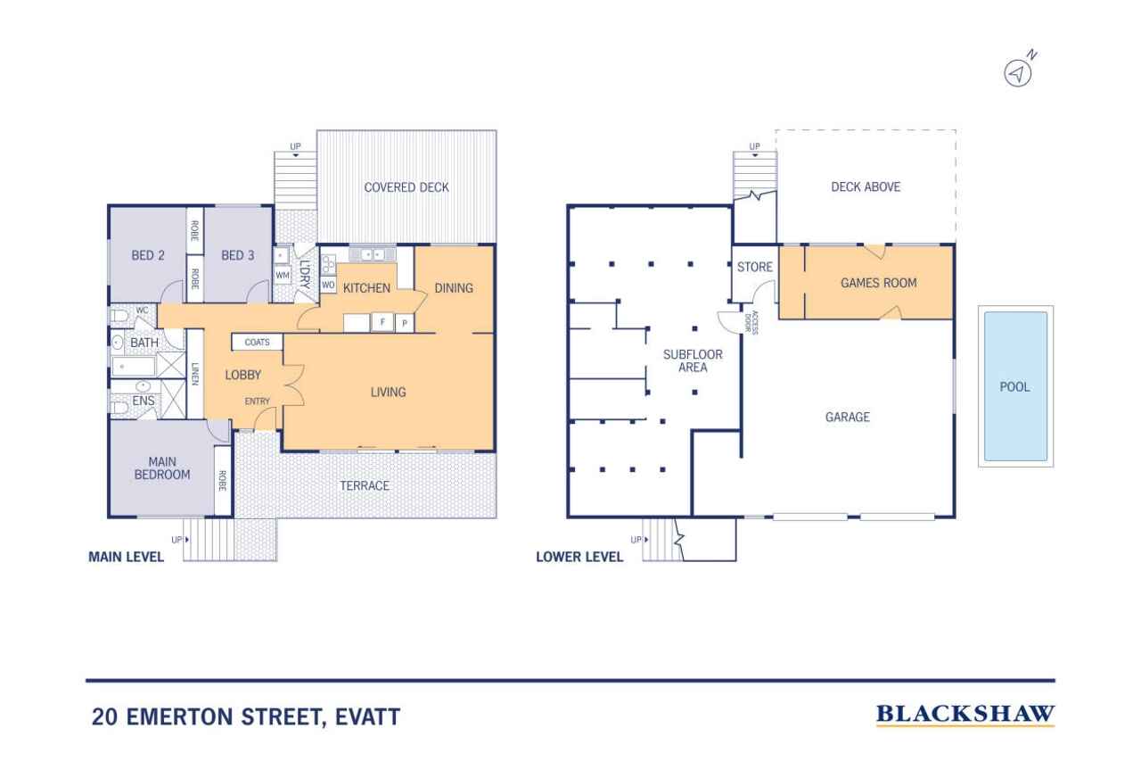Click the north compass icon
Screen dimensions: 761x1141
pyautogui.click(x=1019, y=72)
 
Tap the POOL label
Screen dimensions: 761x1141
pyautogui.click(x=1014, y=387)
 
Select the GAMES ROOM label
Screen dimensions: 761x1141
pyautogui.click(x=878, y=283)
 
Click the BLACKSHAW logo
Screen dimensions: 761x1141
pyautogui.click(x=965, y=715)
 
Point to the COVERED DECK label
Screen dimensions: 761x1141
pyautogui.click(x=406, y=187)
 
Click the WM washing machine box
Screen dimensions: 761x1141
pyautogui.click(x=283, y=275)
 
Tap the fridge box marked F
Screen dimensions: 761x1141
pyautogui.click(x=382, y=322)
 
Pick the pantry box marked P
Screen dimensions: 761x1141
pyautogui.click(x=404, y=323)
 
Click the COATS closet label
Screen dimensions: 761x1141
pyautogui.click(x=258, y=343)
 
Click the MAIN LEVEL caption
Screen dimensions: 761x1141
pyautogui.click(x=126, y=558)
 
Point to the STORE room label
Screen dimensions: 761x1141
pyautogui.click(x=754, y=268)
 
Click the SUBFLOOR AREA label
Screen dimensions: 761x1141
pyautogui.click(x=693, y=360)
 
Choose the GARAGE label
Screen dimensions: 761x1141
pyautogui.click(x=847, y=417)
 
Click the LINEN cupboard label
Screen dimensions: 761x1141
pyautogui.click(x=195, y=374)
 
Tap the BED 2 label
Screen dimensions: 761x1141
pyautogui.click(x=148, y=255)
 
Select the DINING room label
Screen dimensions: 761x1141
pyautogui.click(x=454, y=287)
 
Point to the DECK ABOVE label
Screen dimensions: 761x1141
pyautogui.click(x=866, y=187)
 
